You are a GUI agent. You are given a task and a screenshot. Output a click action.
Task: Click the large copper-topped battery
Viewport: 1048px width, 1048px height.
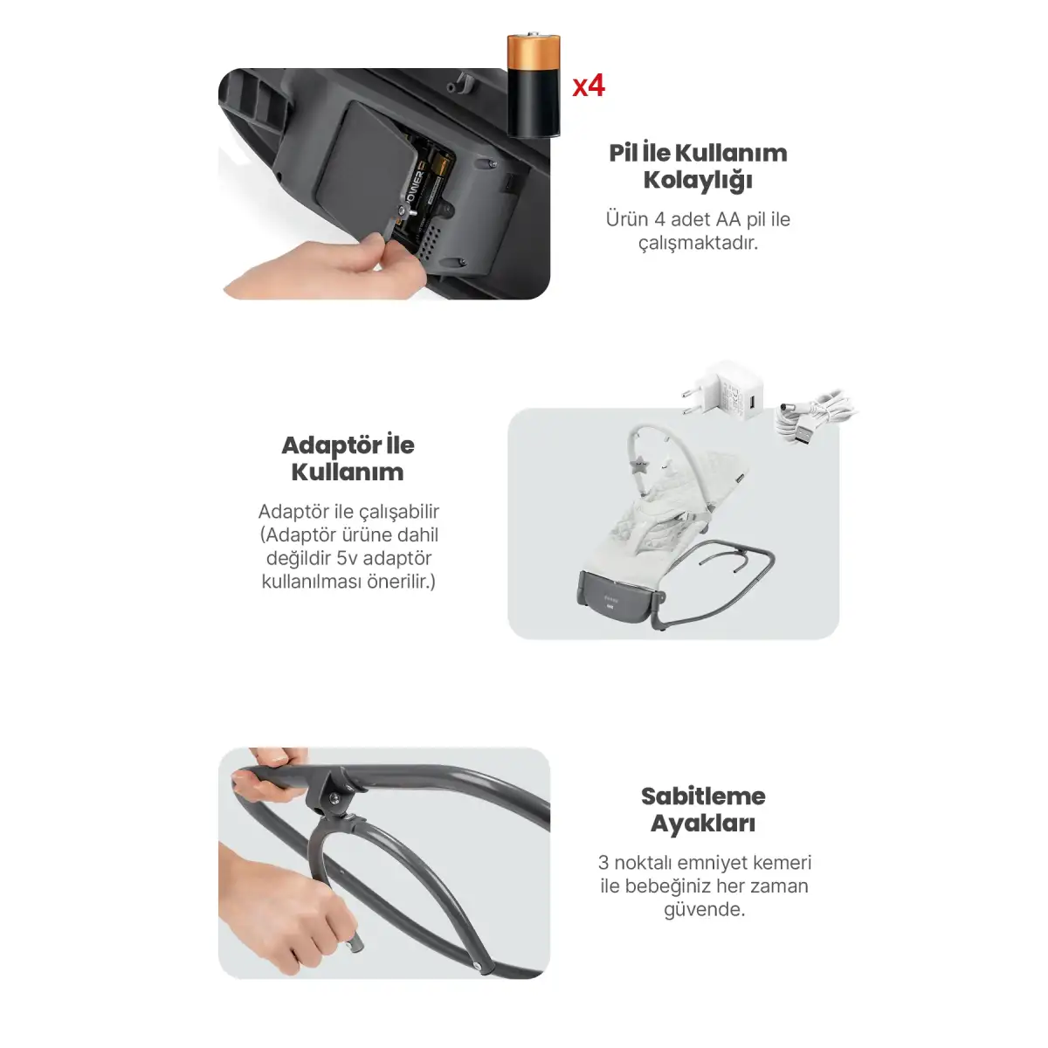[534, 86]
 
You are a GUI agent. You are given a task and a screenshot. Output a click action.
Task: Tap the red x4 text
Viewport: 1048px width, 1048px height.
[589, 86]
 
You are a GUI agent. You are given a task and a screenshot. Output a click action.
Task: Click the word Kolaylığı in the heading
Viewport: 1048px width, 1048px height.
[698, 181]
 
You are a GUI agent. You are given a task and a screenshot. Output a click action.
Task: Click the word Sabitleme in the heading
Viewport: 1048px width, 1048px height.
[703, 796]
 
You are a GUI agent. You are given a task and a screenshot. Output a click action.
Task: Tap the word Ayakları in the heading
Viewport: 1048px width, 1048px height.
[703, 824]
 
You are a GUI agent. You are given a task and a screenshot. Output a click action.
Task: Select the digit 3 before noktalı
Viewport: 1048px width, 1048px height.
[603, 863]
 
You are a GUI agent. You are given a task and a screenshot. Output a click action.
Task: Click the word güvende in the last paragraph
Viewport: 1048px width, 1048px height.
[704, 910]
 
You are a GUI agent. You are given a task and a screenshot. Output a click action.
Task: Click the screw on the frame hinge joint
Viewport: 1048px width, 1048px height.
[334, 797]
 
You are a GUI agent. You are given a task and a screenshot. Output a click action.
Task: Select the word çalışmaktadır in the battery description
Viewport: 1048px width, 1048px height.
[699, 244]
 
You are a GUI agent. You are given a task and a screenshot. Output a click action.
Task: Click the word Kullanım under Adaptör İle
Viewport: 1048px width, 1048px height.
[348, 472]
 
